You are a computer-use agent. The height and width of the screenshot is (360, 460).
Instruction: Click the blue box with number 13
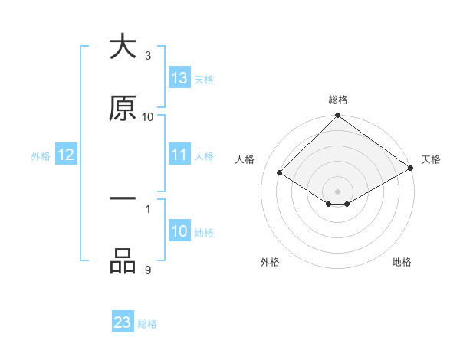[179, 78]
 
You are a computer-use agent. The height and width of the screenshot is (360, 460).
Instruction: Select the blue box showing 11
[179, 155]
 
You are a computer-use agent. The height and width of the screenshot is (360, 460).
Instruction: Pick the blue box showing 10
[179, 231]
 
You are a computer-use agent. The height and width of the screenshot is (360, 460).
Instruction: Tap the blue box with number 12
[66, 155]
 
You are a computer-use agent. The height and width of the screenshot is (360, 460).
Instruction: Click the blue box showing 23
[123, 322]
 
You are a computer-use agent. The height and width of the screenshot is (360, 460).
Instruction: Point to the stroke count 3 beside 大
[148, 55]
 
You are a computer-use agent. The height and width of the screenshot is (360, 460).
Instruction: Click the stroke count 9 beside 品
[148, 270]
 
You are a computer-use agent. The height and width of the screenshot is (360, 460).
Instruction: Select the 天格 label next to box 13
[204, 79]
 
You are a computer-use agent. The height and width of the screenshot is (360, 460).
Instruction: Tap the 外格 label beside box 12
[41, 155]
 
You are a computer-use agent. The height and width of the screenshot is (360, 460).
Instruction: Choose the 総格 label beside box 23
[147, 323]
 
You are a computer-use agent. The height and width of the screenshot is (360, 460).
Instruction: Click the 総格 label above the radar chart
[338, 100]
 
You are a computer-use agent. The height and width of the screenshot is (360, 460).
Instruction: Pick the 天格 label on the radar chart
[431, 159]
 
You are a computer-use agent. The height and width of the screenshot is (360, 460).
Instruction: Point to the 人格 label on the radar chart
[245, 159]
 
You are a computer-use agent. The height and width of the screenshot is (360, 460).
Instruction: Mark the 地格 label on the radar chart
[402, 262]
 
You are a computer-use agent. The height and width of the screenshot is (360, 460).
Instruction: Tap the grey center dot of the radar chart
[338, 191]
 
